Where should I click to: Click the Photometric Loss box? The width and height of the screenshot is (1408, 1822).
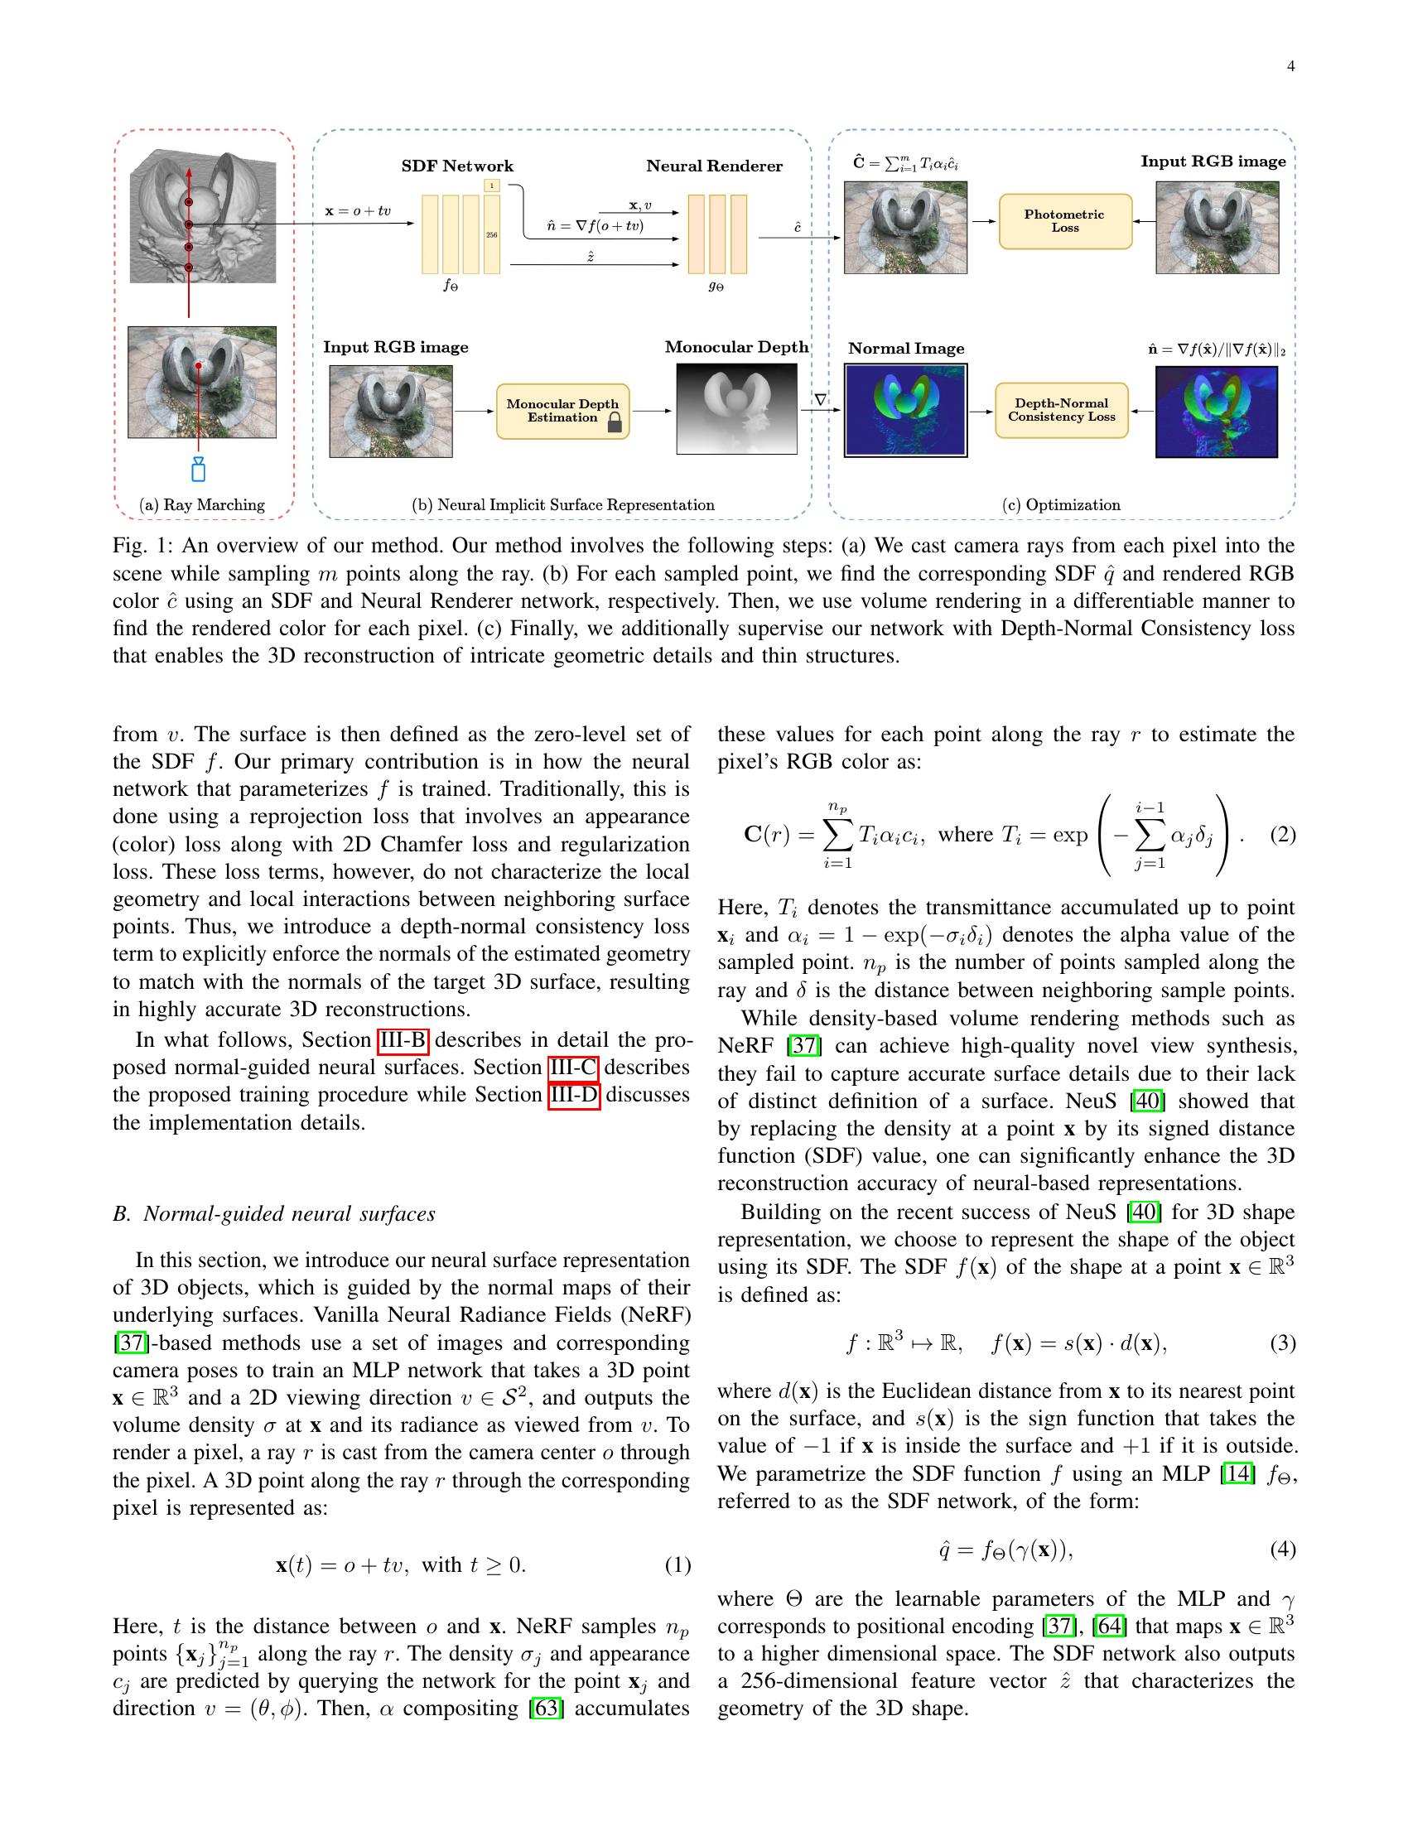coord(1065,221)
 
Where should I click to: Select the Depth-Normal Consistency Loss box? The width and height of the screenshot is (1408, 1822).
coord(1061,411)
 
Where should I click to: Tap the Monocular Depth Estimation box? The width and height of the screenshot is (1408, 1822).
coord(563,412)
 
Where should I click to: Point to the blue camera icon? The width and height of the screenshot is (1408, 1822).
coord(199,469)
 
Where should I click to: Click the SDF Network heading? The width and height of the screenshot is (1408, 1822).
coord(457,166)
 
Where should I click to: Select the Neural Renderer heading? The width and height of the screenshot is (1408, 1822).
coord(714,166)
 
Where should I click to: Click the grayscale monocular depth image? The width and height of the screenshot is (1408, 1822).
coord(736,409)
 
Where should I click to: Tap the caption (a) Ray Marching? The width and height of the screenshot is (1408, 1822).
coord(202,504)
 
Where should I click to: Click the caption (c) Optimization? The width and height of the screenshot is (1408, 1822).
coord(1061,504)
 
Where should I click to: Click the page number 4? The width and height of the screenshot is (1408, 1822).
coord(1290,67)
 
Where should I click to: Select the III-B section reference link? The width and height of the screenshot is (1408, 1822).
coord(403,1040)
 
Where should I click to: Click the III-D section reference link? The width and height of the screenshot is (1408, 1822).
coord(574,1095)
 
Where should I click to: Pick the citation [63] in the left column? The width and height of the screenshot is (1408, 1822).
coord(547,1709)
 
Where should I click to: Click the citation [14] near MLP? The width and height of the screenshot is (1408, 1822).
coord(1237,1474)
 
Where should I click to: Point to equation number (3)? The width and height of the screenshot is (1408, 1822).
coord(1283,1343)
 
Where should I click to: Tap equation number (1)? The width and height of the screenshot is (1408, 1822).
coord(677,1565)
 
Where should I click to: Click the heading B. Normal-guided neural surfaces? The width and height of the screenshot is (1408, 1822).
coord(273,1214)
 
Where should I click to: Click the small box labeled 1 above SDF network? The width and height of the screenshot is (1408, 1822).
coord(492,186)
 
